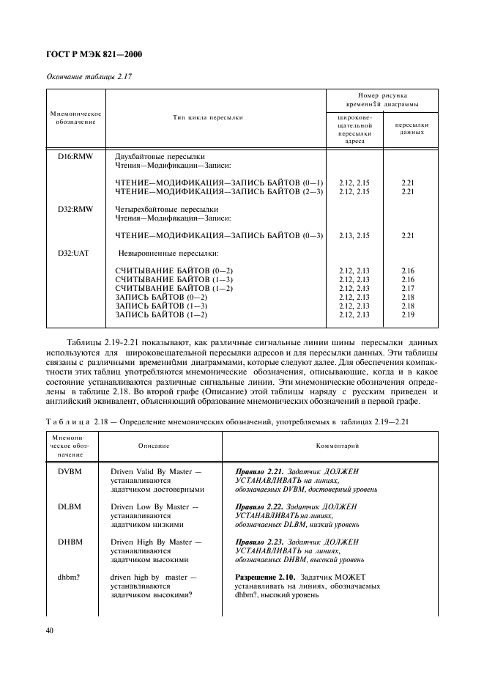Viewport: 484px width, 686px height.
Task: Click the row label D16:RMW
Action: point(75,157)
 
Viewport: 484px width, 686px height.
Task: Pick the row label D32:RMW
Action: point(75,208)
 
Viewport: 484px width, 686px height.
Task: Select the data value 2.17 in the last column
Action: point(408,288)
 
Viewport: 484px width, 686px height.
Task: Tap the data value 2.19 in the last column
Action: point(408,314)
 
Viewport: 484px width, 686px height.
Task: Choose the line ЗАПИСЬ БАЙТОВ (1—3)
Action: point(162,306)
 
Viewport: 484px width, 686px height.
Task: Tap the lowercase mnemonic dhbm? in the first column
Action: point(70,577)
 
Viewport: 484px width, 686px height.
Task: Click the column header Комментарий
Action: point(336,446)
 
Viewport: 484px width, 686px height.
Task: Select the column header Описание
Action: point(154,446)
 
